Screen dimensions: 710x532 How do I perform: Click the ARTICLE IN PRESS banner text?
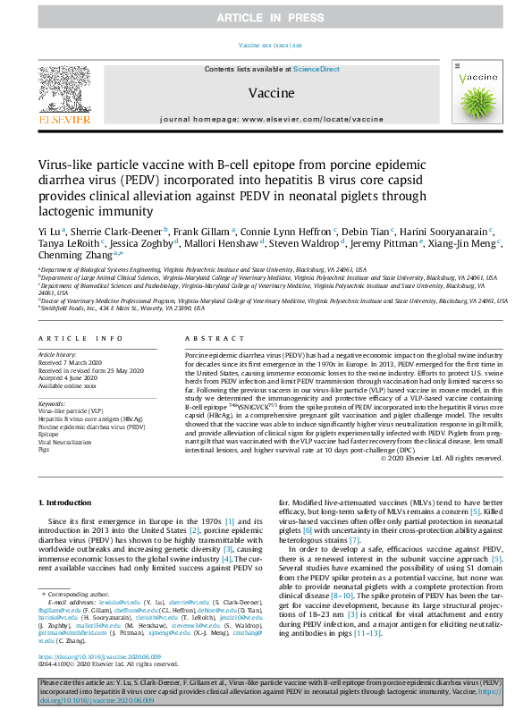[x=266, y=18]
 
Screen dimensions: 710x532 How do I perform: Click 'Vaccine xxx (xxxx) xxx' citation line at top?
[x=270, y=45]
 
